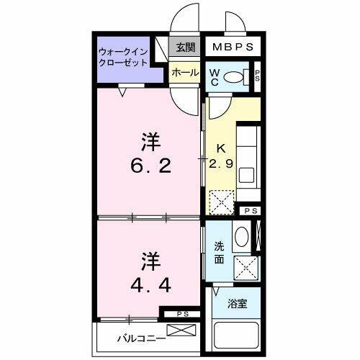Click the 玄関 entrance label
pyautogui.click(x=186, y=48)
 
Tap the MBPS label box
pyautogui.click(x=232, y=48)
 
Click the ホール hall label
pyautogui.click(x=185, y=73)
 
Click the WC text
pyautogui.click(x=215, y=77)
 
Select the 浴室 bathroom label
pyautogui.click(x=238, y=304)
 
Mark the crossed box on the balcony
pyautogui.click(x=185, y=332)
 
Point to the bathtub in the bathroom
pyautogui.click(x=238, y=335)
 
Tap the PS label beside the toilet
pyautogui.click(x=257, y=77)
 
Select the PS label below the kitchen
pyautogui.click(x=250, y=210)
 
